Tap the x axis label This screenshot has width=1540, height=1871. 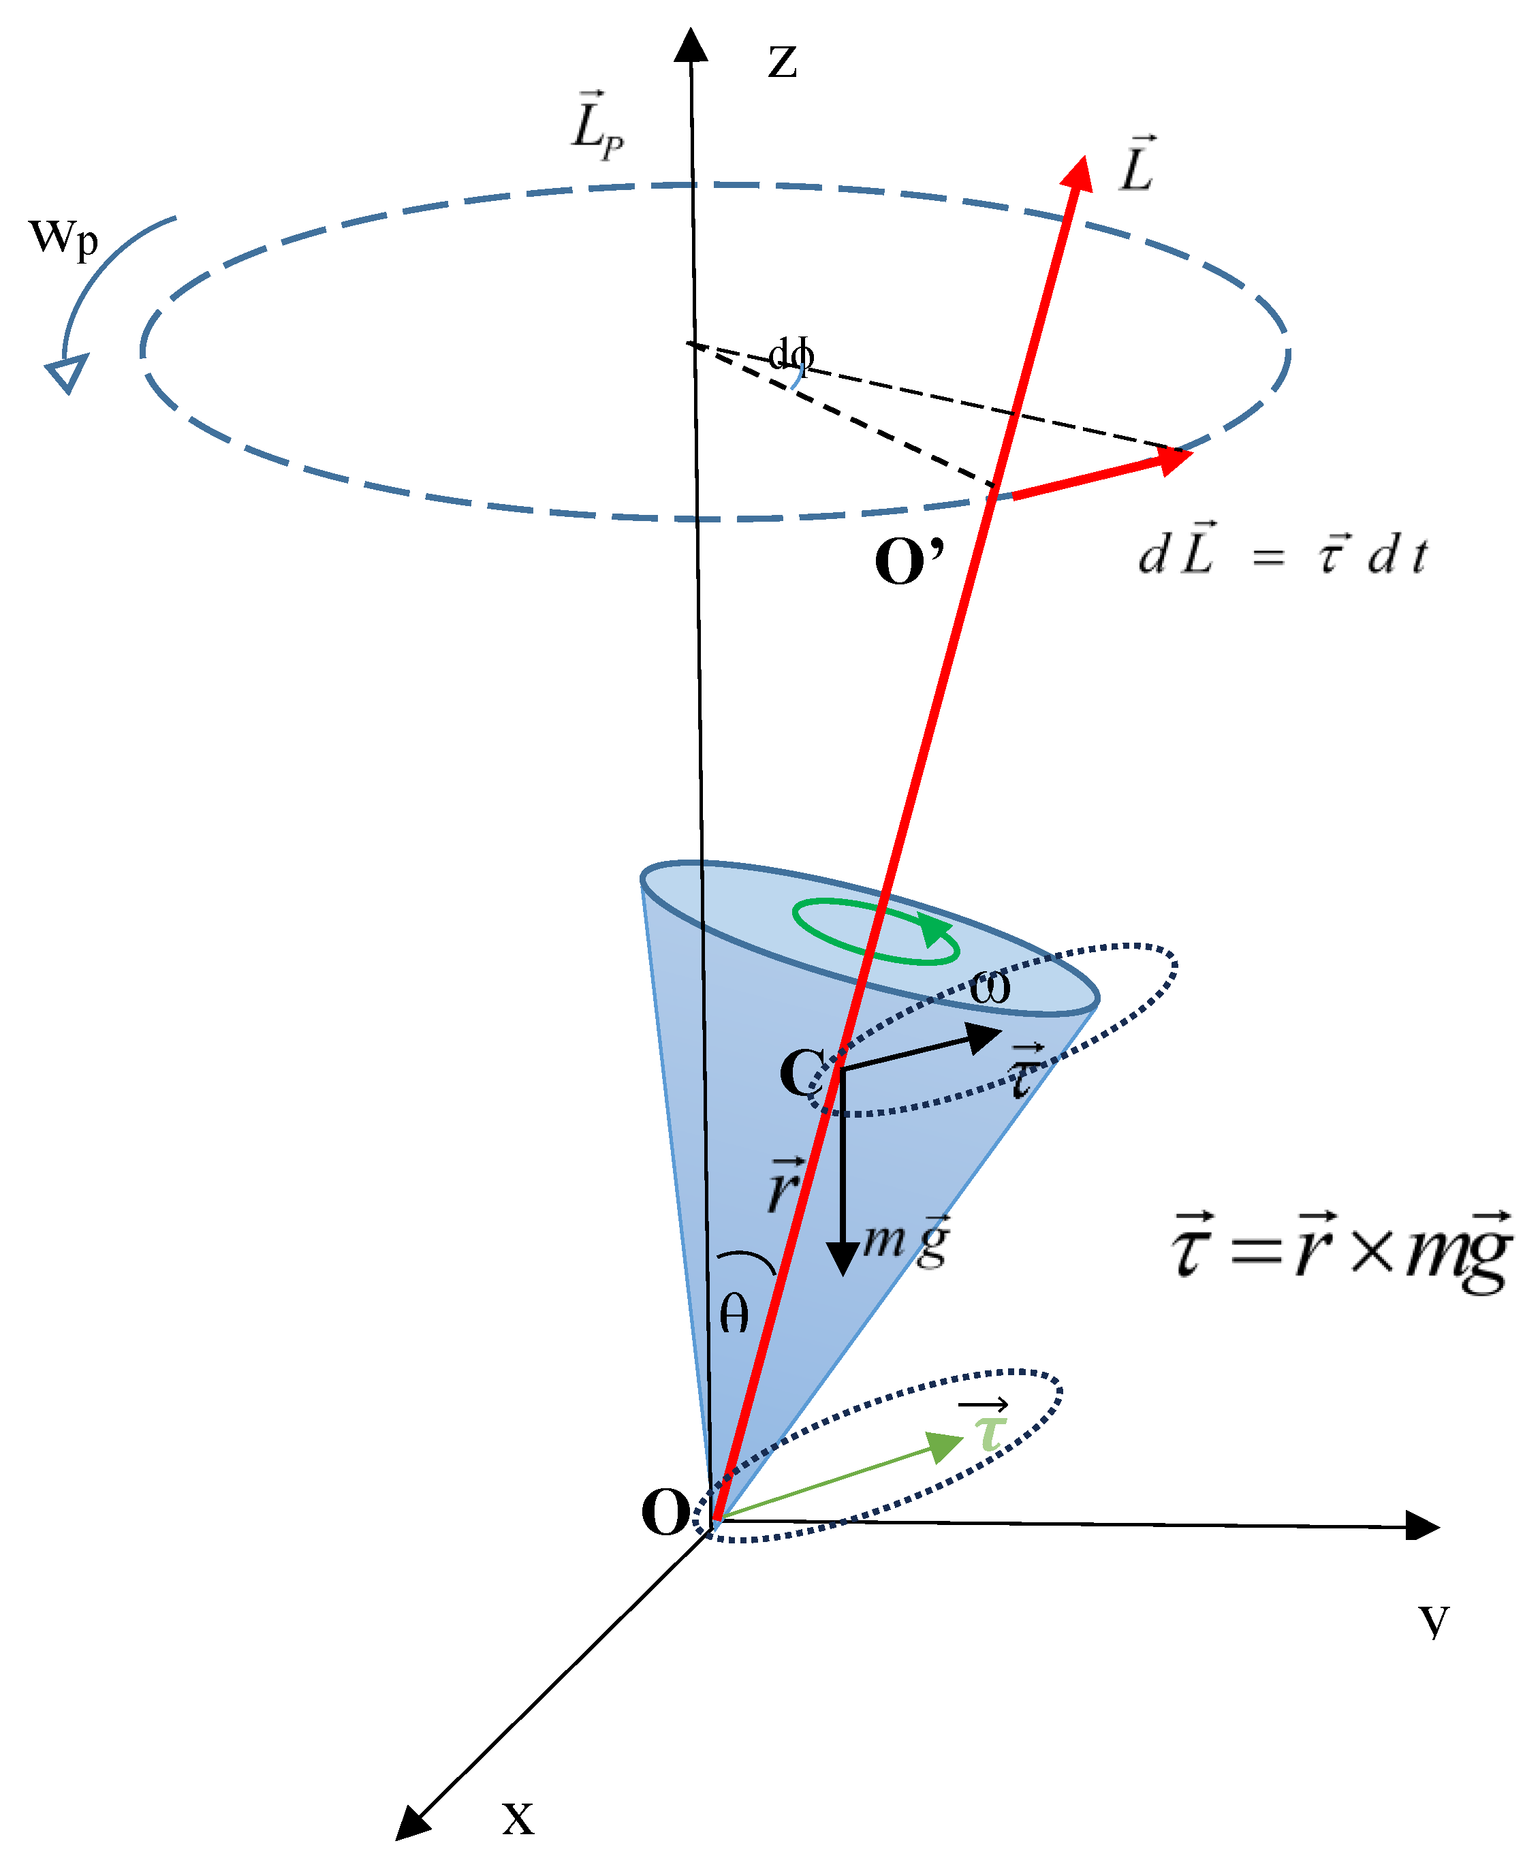tap(518, 1818)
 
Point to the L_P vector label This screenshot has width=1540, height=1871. tap(596, 127)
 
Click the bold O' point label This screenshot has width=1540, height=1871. tap(909, 561)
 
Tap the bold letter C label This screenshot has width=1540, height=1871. tap(801, 1073)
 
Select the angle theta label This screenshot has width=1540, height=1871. tap(734, 1313)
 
